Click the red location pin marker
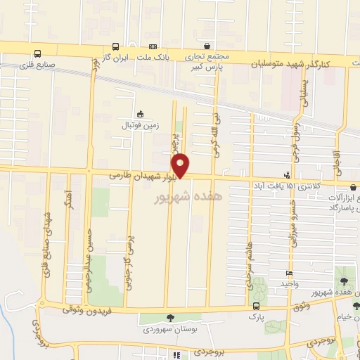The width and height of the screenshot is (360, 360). pos(181,165)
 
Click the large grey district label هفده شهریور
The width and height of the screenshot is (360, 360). pos(186,198)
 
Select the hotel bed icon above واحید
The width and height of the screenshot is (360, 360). pos(288,274)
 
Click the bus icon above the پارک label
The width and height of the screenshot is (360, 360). pos(255,306)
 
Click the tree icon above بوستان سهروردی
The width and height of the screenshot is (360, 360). pos(169,318)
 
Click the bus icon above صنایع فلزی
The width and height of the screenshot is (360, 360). pos(37,53)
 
